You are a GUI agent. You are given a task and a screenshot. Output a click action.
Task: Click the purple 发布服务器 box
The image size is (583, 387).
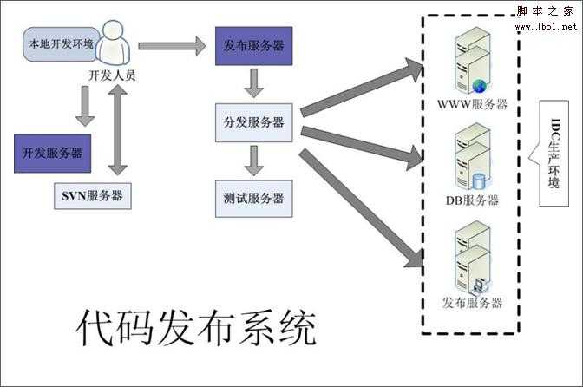(252, 46)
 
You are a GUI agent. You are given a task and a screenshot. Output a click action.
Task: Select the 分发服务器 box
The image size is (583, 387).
(253, 122)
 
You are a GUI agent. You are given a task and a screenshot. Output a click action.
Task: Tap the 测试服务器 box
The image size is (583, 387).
(253, 198)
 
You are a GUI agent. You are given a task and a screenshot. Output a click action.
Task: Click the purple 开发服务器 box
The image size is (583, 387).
(53, 153)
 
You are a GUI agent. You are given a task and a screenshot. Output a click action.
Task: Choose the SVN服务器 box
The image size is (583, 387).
(91, 195)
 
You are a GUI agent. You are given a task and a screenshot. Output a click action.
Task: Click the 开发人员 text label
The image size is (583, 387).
(112, 75)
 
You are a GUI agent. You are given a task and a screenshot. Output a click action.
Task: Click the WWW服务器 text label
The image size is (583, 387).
(472, 105)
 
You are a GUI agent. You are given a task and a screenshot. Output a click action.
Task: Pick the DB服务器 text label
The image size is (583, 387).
(472, 200)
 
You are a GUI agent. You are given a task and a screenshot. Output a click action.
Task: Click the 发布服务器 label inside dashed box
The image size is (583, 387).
(472, 303)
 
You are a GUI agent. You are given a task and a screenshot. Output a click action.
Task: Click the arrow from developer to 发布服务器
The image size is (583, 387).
(172, 44)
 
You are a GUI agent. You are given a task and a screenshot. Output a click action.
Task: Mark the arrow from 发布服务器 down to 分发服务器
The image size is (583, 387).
(253, 83)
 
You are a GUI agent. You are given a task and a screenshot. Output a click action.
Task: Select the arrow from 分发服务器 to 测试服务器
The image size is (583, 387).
(253, 160)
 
